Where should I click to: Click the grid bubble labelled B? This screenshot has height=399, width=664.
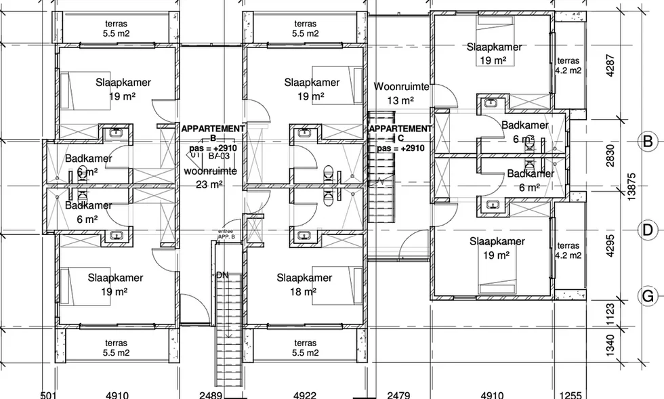pos(648,142)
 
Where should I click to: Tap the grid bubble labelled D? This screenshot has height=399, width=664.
pos(648,231)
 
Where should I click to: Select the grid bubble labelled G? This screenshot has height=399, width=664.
pos(648,296)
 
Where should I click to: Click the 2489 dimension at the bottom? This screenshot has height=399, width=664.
pos(211,394)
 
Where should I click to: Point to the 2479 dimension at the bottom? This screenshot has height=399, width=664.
pos(398,394)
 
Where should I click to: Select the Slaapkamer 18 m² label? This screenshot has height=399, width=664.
pos(304,285)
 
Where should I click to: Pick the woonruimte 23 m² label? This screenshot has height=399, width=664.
pos(210,177)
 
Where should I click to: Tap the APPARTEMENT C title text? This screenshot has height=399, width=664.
pos(400,133)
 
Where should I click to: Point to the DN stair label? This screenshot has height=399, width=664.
pos(222,276)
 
